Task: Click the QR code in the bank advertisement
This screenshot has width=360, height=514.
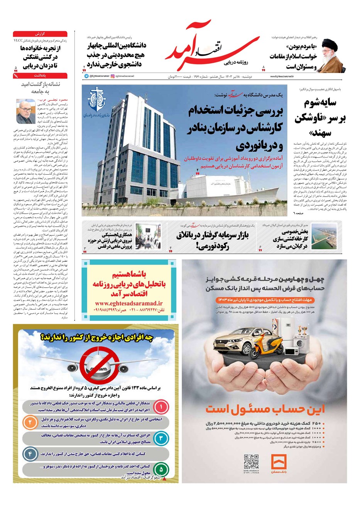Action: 251,462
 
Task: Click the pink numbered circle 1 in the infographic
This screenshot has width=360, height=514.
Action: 161,406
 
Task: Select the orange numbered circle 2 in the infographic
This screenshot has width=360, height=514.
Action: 30,423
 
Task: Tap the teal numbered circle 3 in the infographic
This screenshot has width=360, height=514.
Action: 161,438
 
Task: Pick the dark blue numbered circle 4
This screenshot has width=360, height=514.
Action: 30,454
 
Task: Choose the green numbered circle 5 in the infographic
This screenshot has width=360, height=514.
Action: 161,470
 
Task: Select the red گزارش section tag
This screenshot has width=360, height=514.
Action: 40,34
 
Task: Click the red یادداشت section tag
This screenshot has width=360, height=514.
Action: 40,76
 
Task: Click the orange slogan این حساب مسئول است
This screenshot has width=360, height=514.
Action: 265,409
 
